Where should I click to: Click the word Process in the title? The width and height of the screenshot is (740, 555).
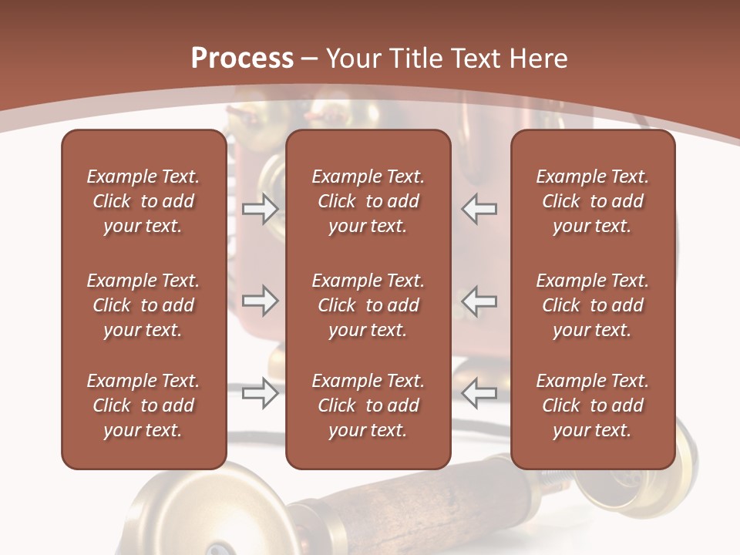click(x=242, y=59)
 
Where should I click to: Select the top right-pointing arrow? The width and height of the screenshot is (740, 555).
click(x=261, y=208)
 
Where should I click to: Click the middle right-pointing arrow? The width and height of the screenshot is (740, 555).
click(x=261, y=301)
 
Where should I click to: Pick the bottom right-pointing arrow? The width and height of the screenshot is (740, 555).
click(x=261, y=393)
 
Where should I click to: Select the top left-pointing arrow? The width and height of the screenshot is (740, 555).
click(x=479, y=208)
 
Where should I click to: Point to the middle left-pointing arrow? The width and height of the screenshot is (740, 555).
click(x=479, y=301)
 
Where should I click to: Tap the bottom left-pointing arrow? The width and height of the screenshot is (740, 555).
click(x=479, y=393)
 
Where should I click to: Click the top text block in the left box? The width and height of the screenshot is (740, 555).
click(x=143, y=201)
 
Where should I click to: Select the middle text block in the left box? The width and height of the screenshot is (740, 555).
click(x=143, y=305)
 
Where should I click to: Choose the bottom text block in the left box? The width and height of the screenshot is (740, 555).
click(x=143, y=405)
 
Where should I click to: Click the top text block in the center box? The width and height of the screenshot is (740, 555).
click(x=368, y=201)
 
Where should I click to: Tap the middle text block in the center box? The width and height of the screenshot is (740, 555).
click(x=368, y=305)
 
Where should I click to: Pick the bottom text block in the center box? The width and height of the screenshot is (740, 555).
click(x=368, y=405)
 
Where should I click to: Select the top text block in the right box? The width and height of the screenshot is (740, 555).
click(x=592, y=201)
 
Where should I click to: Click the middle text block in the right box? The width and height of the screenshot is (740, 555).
click(x=592, y=305)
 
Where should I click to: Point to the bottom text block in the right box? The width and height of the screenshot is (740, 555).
click(x=592, y=405)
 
